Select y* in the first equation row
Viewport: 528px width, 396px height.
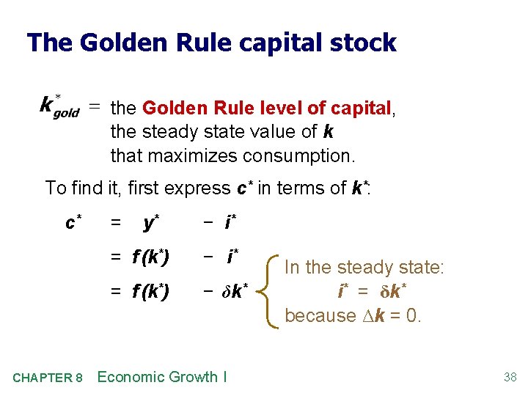coord(153,222)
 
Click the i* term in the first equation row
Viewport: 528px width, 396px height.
coord(230,221)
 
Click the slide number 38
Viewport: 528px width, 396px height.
coord(510,378)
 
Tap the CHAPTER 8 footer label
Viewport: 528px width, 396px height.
coord(48,378)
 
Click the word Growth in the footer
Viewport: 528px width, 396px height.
coord(194,377)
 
